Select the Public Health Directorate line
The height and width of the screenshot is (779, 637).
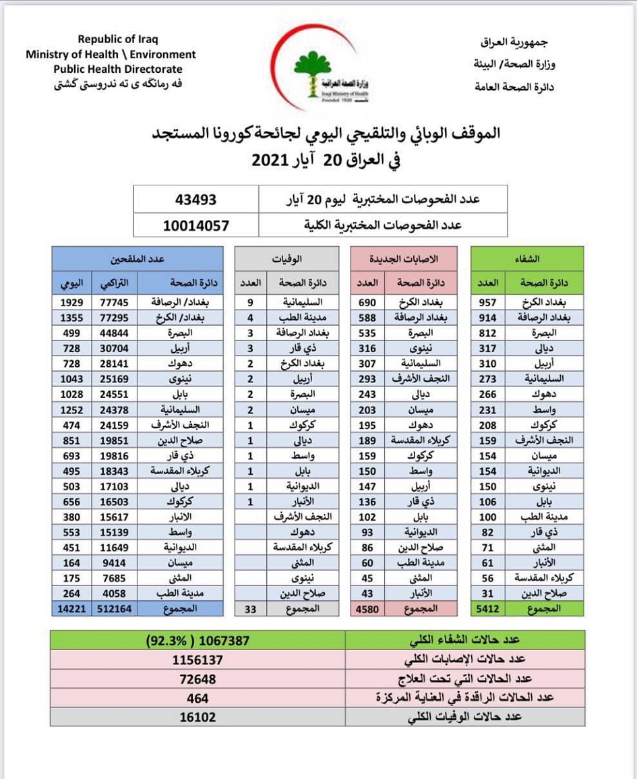point(118,69)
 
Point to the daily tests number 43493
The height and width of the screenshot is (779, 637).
point(196,200)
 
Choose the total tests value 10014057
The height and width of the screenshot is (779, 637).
point(196,225)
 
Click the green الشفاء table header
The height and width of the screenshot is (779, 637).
point(528,258)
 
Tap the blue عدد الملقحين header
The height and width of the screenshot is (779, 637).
point(138,258)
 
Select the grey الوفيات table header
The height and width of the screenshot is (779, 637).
point(286,258)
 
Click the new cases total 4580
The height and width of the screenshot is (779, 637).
point(367,608)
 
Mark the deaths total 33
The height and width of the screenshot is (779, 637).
point(250,608)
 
